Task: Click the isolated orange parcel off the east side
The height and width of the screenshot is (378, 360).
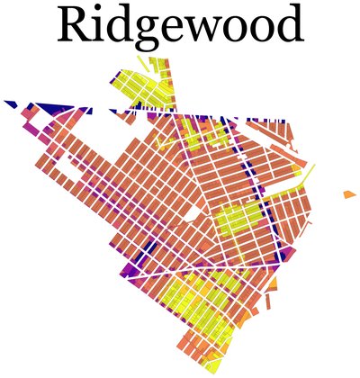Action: coord(349,194)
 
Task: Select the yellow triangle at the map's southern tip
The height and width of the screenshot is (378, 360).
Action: coord(213,367)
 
